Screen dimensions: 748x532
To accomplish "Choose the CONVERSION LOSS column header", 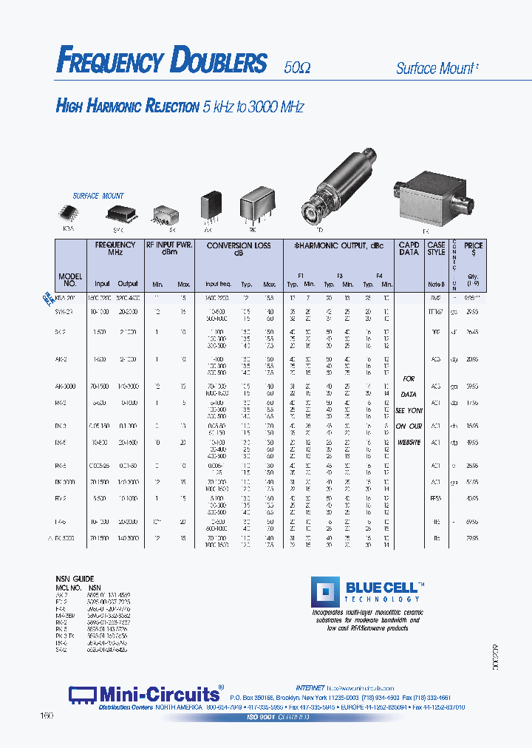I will pyautogui.click(x=238, y=249).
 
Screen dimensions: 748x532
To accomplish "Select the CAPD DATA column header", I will pyautogui.click(x=409, y=249).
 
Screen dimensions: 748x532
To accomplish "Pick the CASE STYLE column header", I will pyautogui.click(x=436, y=249).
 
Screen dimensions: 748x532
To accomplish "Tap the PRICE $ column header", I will pyautogui.click(x=474, y=249).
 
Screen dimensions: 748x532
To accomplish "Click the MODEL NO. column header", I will pyautogui.click(x=69, y=279).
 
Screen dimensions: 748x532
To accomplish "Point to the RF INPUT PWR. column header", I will pyautogui.click(x=168, y=249).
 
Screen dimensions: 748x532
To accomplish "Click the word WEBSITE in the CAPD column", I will pyautogui.click(x=409, y=442).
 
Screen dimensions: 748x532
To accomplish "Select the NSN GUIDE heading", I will pyautogui.click(x=75, y=578).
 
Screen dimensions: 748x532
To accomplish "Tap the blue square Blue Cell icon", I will pyautogui.click(x=324, y=594).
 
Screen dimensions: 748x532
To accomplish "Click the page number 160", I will pyautogui.click(x=47, y=716).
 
